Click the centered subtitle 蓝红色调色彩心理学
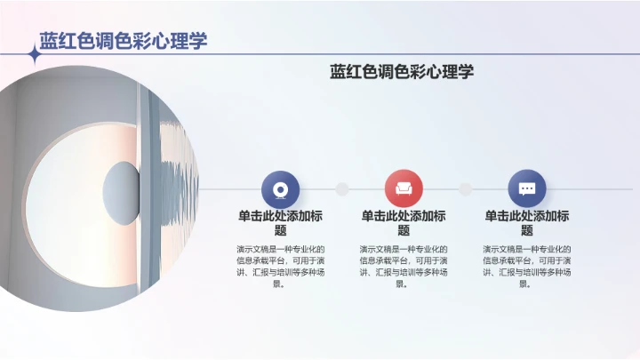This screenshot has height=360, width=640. [402, 72]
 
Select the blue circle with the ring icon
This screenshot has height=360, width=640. [281, 188]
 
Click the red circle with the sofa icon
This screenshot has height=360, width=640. [404, 188]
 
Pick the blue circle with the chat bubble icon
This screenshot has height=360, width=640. [527, 188]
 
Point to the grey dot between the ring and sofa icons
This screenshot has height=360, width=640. [342, 188]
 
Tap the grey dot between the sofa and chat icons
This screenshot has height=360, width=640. [465, 188]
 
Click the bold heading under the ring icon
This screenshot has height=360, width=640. [280, 222]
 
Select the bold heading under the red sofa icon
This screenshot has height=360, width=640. [404, 222]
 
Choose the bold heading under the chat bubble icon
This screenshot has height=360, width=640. [527, 222]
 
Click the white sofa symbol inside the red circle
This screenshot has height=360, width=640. [404, 188]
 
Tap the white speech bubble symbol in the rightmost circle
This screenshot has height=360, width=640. [527, 188]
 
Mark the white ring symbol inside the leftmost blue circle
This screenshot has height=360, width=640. [281, 188]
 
